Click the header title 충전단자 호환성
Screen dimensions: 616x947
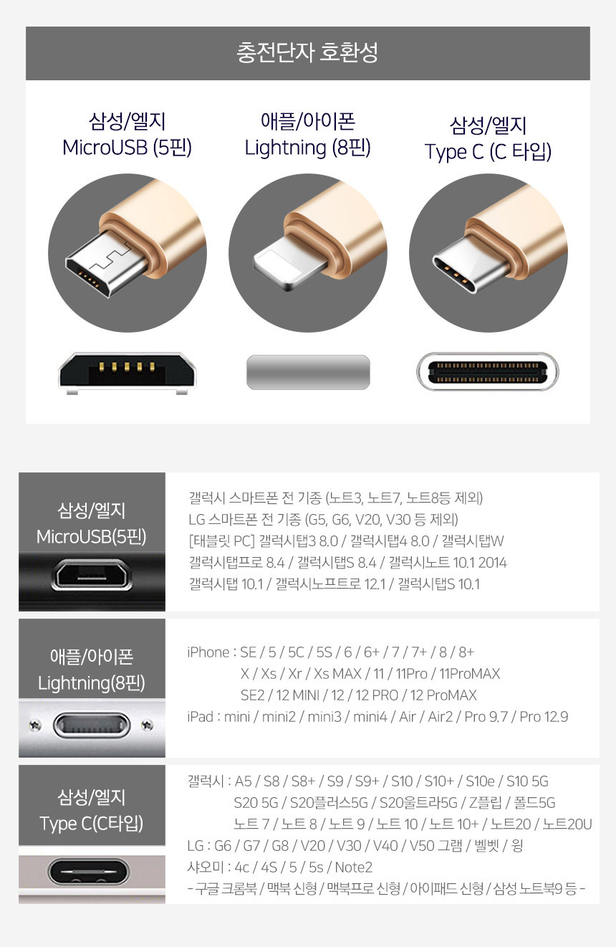pyautogui.click(x=307, y=53)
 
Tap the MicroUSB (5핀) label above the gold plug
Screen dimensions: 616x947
pyautogui.click(x=127, y=148)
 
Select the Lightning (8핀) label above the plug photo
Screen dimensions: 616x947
pyautogui.click(x=307, y=148)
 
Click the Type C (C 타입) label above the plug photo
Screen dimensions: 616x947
pyautogui.click(x=488, y=152)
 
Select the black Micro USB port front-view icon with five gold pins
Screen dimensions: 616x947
pyautogui.click(x=127, y=372)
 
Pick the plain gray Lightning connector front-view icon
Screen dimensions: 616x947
pyautogui.click(x=308, y=372)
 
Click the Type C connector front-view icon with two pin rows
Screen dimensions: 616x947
pyautogui.click(x=488, y=371)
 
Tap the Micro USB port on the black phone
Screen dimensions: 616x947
pyautogui.click(x=91, y=574)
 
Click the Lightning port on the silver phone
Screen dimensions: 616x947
pyautogui.click(x=91, y=725)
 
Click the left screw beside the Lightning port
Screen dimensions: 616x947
pyautogui.click(x=34, y=725)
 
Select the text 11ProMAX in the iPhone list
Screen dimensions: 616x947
pyautogui.click(x=469, y=673)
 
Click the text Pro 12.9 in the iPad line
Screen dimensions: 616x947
pyautogui.click(x=544, y=717)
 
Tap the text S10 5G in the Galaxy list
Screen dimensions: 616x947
pyautogui.click(x=527, y=781)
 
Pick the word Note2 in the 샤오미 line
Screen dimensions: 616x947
pyautogui.click(x=354, y=867)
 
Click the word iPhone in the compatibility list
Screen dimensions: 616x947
pyautogui.click(x=208, y=652)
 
